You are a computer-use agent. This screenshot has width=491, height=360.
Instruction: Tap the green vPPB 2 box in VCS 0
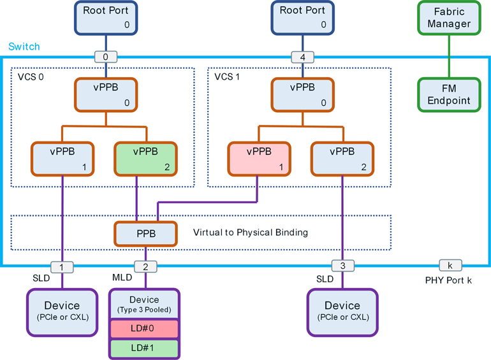[145, 159]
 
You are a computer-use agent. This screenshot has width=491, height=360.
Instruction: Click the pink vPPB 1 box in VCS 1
[258, 159]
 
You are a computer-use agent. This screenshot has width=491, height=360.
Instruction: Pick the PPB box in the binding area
[145, 233]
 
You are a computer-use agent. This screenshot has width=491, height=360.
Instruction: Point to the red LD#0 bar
[145, 329]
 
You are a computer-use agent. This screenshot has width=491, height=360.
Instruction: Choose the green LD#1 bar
[145, 349]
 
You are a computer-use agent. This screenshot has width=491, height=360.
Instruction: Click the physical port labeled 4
[302, 57]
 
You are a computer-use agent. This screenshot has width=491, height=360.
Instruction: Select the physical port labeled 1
[62, 266]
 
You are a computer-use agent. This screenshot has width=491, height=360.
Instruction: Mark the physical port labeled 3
[342, 266]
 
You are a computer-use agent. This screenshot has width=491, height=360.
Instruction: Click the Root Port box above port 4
[302, 18]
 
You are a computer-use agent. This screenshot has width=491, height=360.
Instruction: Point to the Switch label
[24, 47]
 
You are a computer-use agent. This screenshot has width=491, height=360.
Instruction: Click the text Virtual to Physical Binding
[250, 233]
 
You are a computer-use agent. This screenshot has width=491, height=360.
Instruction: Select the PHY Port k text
[448, 280]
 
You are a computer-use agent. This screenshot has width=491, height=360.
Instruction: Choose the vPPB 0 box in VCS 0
[106, 95]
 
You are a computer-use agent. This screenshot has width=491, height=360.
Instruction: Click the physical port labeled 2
[145, 266]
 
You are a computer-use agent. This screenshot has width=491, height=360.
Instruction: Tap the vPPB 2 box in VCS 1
[342, 159]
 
